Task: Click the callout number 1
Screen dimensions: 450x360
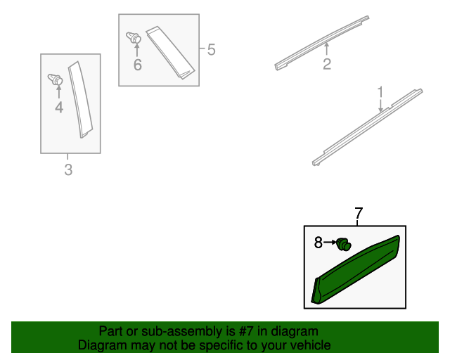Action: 380,92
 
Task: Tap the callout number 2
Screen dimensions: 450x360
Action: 327,64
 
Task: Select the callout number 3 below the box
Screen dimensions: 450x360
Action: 68,169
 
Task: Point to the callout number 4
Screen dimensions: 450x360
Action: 59,108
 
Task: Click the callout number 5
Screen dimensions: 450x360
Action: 211,50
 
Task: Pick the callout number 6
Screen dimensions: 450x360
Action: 138,65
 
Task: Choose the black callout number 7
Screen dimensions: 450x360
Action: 359,213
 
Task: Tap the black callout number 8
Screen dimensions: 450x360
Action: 319,243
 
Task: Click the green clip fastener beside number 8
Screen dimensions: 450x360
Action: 344,244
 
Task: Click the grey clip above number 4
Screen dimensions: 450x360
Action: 55,79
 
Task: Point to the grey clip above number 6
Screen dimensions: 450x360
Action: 134,38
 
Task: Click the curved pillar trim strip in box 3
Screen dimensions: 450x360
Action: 80,99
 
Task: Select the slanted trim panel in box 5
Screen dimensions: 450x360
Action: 170,53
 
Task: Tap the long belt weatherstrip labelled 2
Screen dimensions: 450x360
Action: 322,42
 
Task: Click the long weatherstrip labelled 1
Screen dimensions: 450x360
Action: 367,127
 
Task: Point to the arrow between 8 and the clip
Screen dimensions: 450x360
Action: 330,243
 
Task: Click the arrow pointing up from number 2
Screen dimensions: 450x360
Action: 326,49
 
